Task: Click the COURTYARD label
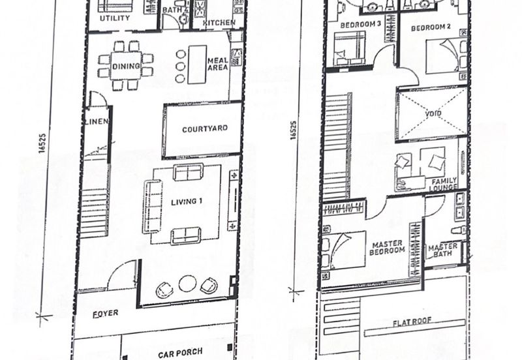(x=205, y=128)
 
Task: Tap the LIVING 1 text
(x=187, y=202)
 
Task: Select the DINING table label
(x=126, y=67)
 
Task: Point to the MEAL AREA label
(x=218, y=64)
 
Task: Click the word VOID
(x=433, y=113)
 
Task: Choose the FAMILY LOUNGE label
(x=444, y=185)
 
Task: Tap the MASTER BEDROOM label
(x=387, y=248)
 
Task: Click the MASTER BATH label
(x=442, y=250)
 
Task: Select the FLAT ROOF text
(x=412, y=322)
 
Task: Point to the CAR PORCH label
(x=180, y=353)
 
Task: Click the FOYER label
(x=105, y=314)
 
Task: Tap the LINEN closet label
(x=97, y=121)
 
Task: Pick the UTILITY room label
(x=115, y=18)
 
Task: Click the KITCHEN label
(x=219, y=23)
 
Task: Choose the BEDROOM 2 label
(x=431, y=27)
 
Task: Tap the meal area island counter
(x=197, y=65)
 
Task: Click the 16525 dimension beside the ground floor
(x=42, y=143)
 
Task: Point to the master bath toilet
(x=459, y=230)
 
